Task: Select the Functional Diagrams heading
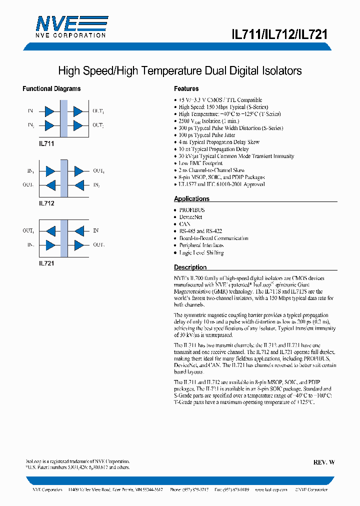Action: click(51, 88)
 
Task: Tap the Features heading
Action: click(186, 88)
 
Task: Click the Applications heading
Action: click(191, 198)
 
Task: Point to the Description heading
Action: click(190, 267)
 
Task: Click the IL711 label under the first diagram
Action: click(46, 143)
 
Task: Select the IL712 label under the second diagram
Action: click(46, 203)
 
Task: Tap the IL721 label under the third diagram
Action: click(46, 263)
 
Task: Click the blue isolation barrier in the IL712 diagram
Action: click(63, 178)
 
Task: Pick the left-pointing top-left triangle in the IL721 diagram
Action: click(50, 231)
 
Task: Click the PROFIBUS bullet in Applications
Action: click(192, 210)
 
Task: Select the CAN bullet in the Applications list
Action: click(185, 224)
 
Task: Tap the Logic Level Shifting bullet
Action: click(201, 252)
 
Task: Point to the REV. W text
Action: click(324, 462)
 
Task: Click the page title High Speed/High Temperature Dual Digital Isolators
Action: click(180, 70)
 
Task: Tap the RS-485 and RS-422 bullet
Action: click(200, 231)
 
